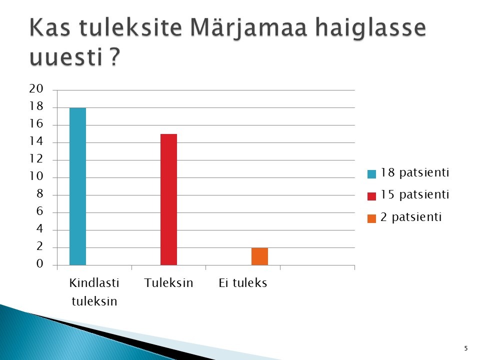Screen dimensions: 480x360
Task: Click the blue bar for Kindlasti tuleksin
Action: [x=78, y=186]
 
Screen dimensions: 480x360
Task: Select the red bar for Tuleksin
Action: [x=168, y=199]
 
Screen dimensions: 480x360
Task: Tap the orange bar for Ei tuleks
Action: [x=259, y=256]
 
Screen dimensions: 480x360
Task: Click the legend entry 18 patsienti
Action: [x=408, y=173]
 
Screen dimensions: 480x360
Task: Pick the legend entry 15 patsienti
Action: [x=408, y=195]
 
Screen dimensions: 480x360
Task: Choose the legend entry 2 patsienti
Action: [x=404, y=217]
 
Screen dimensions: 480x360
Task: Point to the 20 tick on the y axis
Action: [x=36, y=89]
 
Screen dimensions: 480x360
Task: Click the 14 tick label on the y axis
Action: [x=36, y=141]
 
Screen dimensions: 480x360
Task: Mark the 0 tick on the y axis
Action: [x=40, y=263]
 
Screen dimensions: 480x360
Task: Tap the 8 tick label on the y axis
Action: [x=40, y=194]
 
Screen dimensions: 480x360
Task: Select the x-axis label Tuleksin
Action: [x=168, y=283]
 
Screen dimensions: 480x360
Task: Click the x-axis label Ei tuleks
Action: [x=243, y=283]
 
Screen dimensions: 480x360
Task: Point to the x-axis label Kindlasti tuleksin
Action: [x=94, y=291]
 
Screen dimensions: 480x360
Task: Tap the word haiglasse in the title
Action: [x=370, y=27]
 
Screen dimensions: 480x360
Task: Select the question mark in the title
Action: [x=114, y=56]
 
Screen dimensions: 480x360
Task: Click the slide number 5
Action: [x=466, y=348]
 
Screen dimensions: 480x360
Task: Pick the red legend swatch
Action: [x=371, y=196]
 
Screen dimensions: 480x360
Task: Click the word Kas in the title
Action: [x=50, y=27]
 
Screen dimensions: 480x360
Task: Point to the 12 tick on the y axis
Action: [x=36, y=159]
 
